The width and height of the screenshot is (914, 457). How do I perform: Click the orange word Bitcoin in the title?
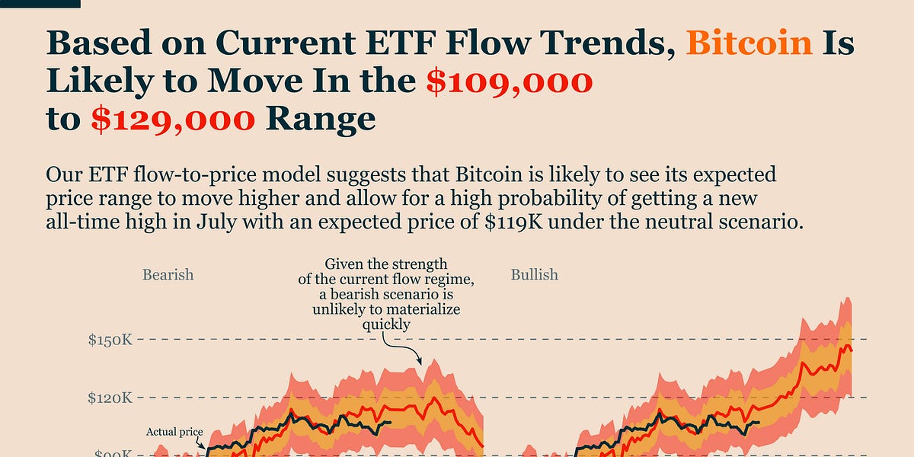click(749, 43)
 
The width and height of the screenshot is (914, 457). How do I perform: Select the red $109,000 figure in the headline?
click(509, 81)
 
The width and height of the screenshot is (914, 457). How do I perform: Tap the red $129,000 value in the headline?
click(173, 119)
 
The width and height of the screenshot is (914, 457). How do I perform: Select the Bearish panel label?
click(168, 273)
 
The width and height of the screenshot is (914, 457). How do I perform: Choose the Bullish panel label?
click(535, 273)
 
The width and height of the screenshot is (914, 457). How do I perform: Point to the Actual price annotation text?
click(174, 433)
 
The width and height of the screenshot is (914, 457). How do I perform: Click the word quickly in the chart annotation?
click(386, 324)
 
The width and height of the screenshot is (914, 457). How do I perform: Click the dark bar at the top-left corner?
click(40, 3)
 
